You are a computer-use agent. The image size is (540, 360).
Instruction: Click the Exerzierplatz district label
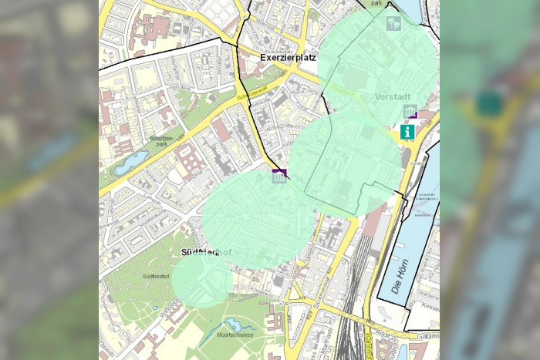click(x=289, y=58)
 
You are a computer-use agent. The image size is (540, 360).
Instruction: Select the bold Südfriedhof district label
click(x=207, y=252)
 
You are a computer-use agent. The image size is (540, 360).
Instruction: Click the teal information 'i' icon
click(x=407, y=132)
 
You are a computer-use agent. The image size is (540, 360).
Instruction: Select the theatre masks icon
click(x=393, y=23)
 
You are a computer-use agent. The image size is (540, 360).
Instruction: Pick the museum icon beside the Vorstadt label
click(x=410, y=111)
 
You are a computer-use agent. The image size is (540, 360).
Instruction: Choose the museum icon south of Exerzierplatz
click(x=278, y=177)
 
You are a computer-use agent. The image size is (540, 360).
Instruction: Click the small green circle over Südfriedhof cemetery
click(x=201, y=281)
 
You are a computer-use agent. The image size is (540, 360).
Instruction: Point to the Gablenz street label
click(x=427, y=336)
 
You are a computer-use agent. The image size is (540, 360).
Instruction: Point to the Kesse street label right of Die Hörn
click(x=427, y=306)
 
